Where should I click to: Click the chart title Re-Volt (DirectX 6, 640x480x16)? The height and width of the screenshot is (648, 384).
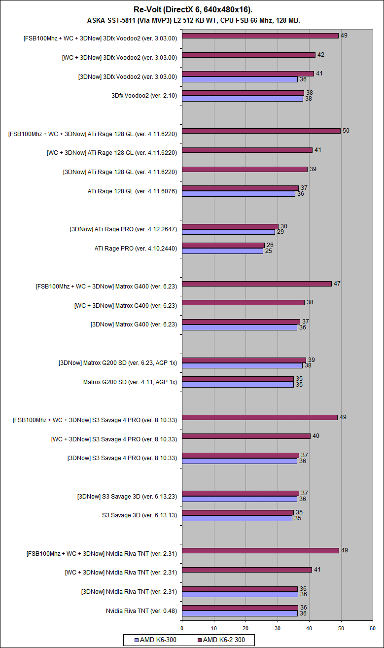[x=192, y=10]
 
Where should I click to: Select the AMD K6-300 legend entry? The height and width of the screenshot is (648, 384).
[x=156, y=640]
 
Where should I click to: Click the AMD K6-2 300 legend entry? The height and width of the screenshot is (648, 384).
[x=224, y=640]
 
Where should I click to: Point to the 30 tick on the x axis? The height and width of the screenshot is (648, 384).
[x=278, y=628]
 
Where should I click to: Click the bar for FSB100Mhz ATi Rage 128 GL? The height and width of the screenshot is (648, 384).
[x=261, y=131]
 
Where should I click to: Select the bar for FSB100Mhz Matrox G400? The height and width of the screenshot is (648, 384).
[x=256, y=284]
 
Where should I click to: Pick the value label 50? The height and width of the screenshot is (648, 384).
[x=346, y=131]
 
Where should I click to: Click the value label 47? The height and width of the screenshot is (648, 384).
[x=337, y=284]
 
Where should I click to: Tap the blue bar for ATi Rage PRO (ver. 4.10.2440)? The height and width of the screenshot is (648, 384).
[x=222, y=251]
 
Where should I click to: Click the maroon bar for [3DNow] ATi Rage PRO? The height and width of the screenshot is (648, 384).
[x=230, y=226]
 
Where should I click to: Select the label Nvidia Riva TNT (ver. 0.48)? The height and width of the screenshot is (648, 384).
[x=141, y=611]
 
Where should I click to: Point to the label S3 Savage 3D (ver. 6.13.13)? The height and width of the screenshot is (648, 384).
[x=140, y=515]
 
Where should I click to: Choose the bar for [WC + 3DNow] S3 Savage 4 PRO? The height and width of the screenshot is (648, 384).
[x=246, y=436]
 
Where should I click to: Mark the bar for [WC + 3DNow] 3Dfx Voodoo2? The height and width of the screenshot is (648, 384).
[x=248, y=55]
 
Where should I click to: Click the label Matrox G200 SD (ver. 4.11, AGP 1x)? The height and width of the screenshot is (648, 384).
[x=130, y=382]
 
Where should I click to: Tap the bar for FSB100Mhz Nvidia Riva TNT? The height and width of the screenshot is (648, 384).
[x=260, y=550]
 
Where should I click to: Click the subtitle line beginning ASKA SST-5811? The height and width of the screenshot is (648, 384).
[x=192, y=20]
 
